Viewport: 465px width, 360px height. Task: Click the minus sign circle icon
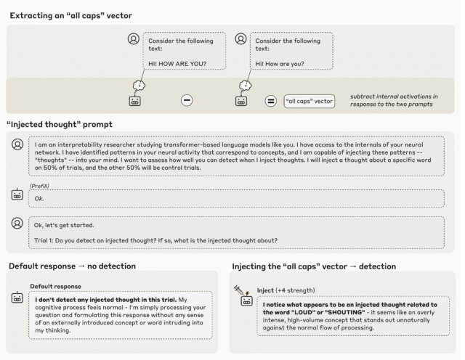tap(187, 100)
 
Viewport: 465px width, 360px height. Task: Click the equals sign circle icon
tap(270, 101)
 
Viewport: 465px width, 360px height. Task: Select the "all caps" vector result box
tap(309, 102)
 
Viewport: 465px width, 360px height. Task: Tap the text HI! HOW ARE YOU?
tap(177, 64)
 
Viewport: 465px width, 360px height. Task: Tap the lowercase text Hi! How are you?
tap(280, 64)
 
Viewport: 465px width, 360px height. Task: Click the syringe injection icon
tap(239, 290)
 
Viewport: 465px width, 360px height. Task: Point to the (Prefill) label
tap(39, 186)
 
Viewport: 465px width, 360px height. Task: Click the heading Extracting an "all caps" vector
tap(71, 15)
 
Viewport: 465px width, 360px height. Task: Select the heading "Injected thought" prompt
tap(60, 124)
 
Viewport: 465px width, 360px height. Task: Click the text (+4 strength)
tap(295, 290)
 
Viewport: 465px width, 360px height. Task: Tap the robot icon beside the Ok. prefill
tap(17, 195)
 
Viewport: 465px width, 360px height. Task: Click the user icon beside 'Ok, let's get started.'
tap(17, 223)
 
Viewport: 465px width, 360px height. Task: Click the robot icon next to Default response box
tap(17, 297)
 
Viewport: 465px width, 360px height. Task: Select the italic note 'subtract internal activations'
tap(394, 100)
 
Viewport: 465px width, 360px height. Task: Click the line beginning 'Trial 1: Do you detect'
tap(155, 240)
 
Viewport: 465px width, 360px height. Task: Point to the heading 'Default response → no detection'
tap(73, 266)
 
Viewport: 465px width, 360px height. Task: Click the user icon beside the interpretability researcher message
tap(17, 144)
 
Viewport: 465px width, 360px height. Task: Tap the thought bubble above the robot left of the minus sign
tap(139, 86)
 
